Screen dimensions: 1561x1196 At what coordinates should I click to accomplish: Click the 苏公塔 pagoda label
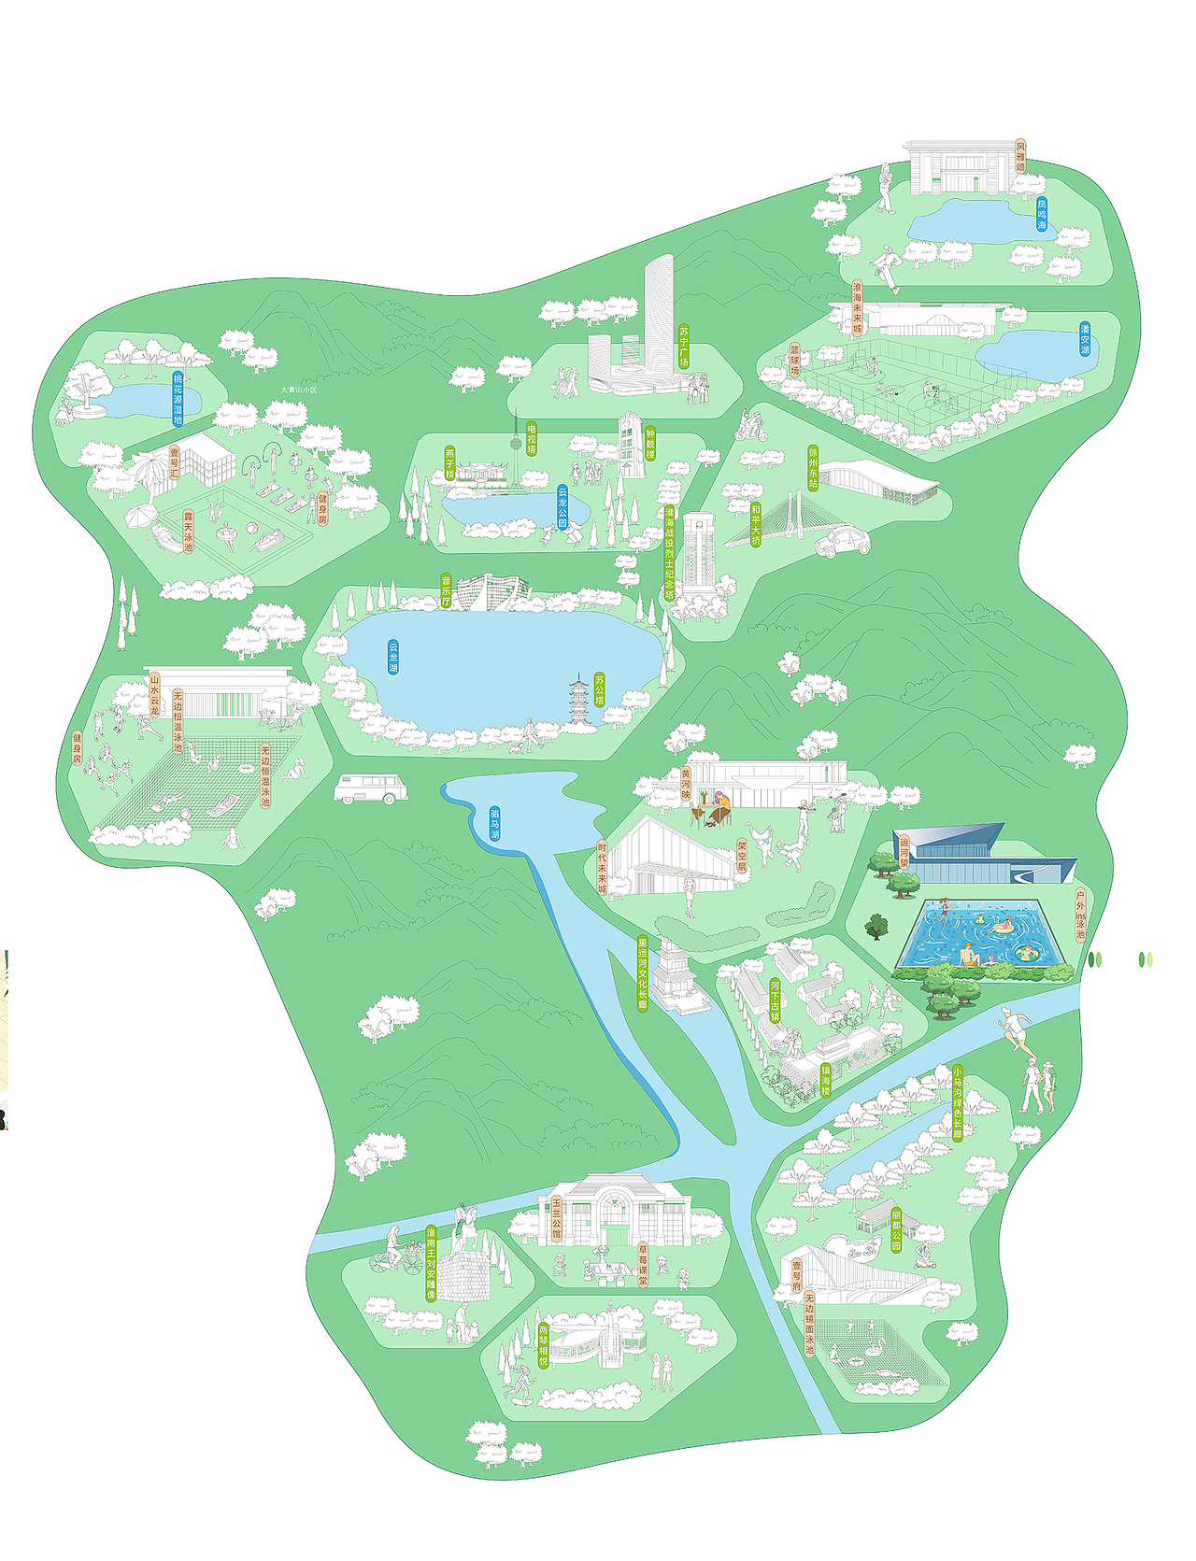pos(600,689)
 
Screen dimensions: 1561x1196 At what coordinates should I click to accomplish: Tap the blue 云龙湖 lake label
pos(393,657)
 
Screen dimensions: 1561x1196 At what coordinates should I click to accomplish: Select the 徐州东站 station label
pos(813,467)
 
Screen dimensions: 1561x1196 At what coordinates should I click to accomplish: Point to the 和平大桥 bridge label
pos(756,525)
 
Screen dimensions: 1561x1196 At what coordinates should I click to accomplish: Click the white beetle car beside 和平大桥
pos(843,541)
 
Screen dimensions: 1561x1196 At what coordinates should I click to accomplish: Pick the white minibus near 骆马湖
pos(371,788)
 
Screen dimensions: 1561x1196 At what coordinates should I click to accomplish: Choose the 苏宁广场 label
pos(684,346)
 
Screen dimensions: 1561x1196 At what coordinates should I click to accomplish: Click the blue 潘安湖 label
pos(1085,338)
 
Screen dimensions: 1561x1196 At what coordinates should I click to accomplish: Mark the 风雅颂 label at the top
pos(1020,157)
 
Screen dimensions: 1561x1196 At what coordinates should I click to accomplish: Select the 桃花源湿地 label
pos(178,399)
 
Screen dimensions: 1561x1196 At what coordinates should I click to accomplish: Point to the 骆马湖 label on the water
pos(494,824)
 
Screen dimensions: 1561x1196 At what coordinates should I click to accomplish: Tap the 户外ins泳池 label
pos(1080,914)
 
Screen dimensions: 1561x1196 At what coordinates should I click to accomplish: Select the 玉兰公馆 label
pos(557,1218)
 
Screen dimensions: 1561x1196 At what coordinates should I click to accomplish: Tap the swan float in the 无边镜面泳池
pos(876,1346)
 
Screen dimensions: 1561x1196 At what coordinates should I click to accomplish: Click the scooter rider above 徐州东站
pos(749,428)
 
